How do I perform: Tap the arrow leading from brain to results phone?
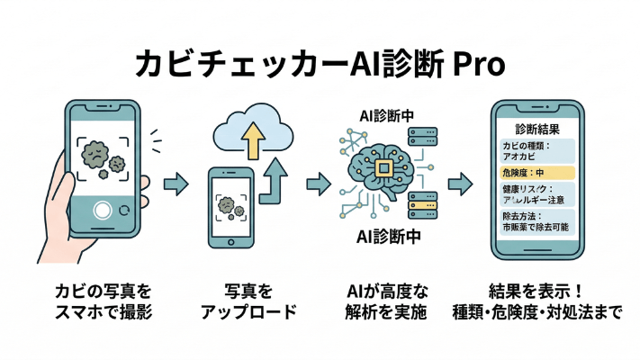click(460, 184)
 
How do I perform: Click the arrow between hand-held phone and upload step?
click(175, 184)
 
